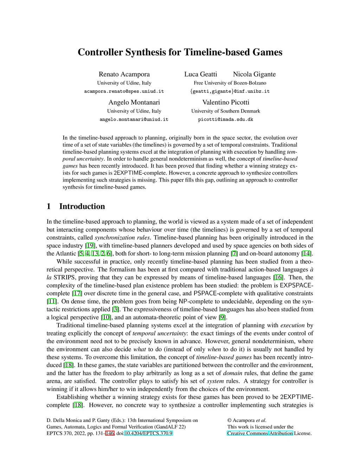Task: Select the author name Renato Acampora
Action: [124, 74]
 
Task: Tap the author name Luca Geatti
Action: [201, 74]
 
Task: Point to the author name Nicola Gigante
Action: [254, 74]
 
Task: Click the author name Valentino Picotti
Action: [226, 102]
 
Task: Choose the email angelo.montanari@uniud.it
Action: [134, 120]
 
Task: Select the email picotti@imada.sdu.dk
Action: [226, 120]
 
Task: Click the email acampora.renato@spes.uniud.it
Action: [124, 91]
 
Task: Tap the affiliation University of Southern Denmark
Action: [226, 111]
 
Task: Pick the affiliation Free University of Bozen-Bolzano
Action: [230, 83]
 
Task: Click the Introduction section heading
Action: [82, 206]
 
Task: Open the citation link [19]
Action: [90, 246]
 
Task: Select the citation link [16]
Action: [278, 277]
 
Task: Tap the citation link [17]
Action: [77, 294]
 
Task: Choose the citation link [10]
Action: [105, 318]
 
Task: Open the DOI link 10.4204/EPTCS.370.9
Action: [148, 433]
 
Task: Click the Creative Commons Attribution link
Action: [260, 433]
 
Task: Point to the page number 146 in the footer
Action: [110, 433]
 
